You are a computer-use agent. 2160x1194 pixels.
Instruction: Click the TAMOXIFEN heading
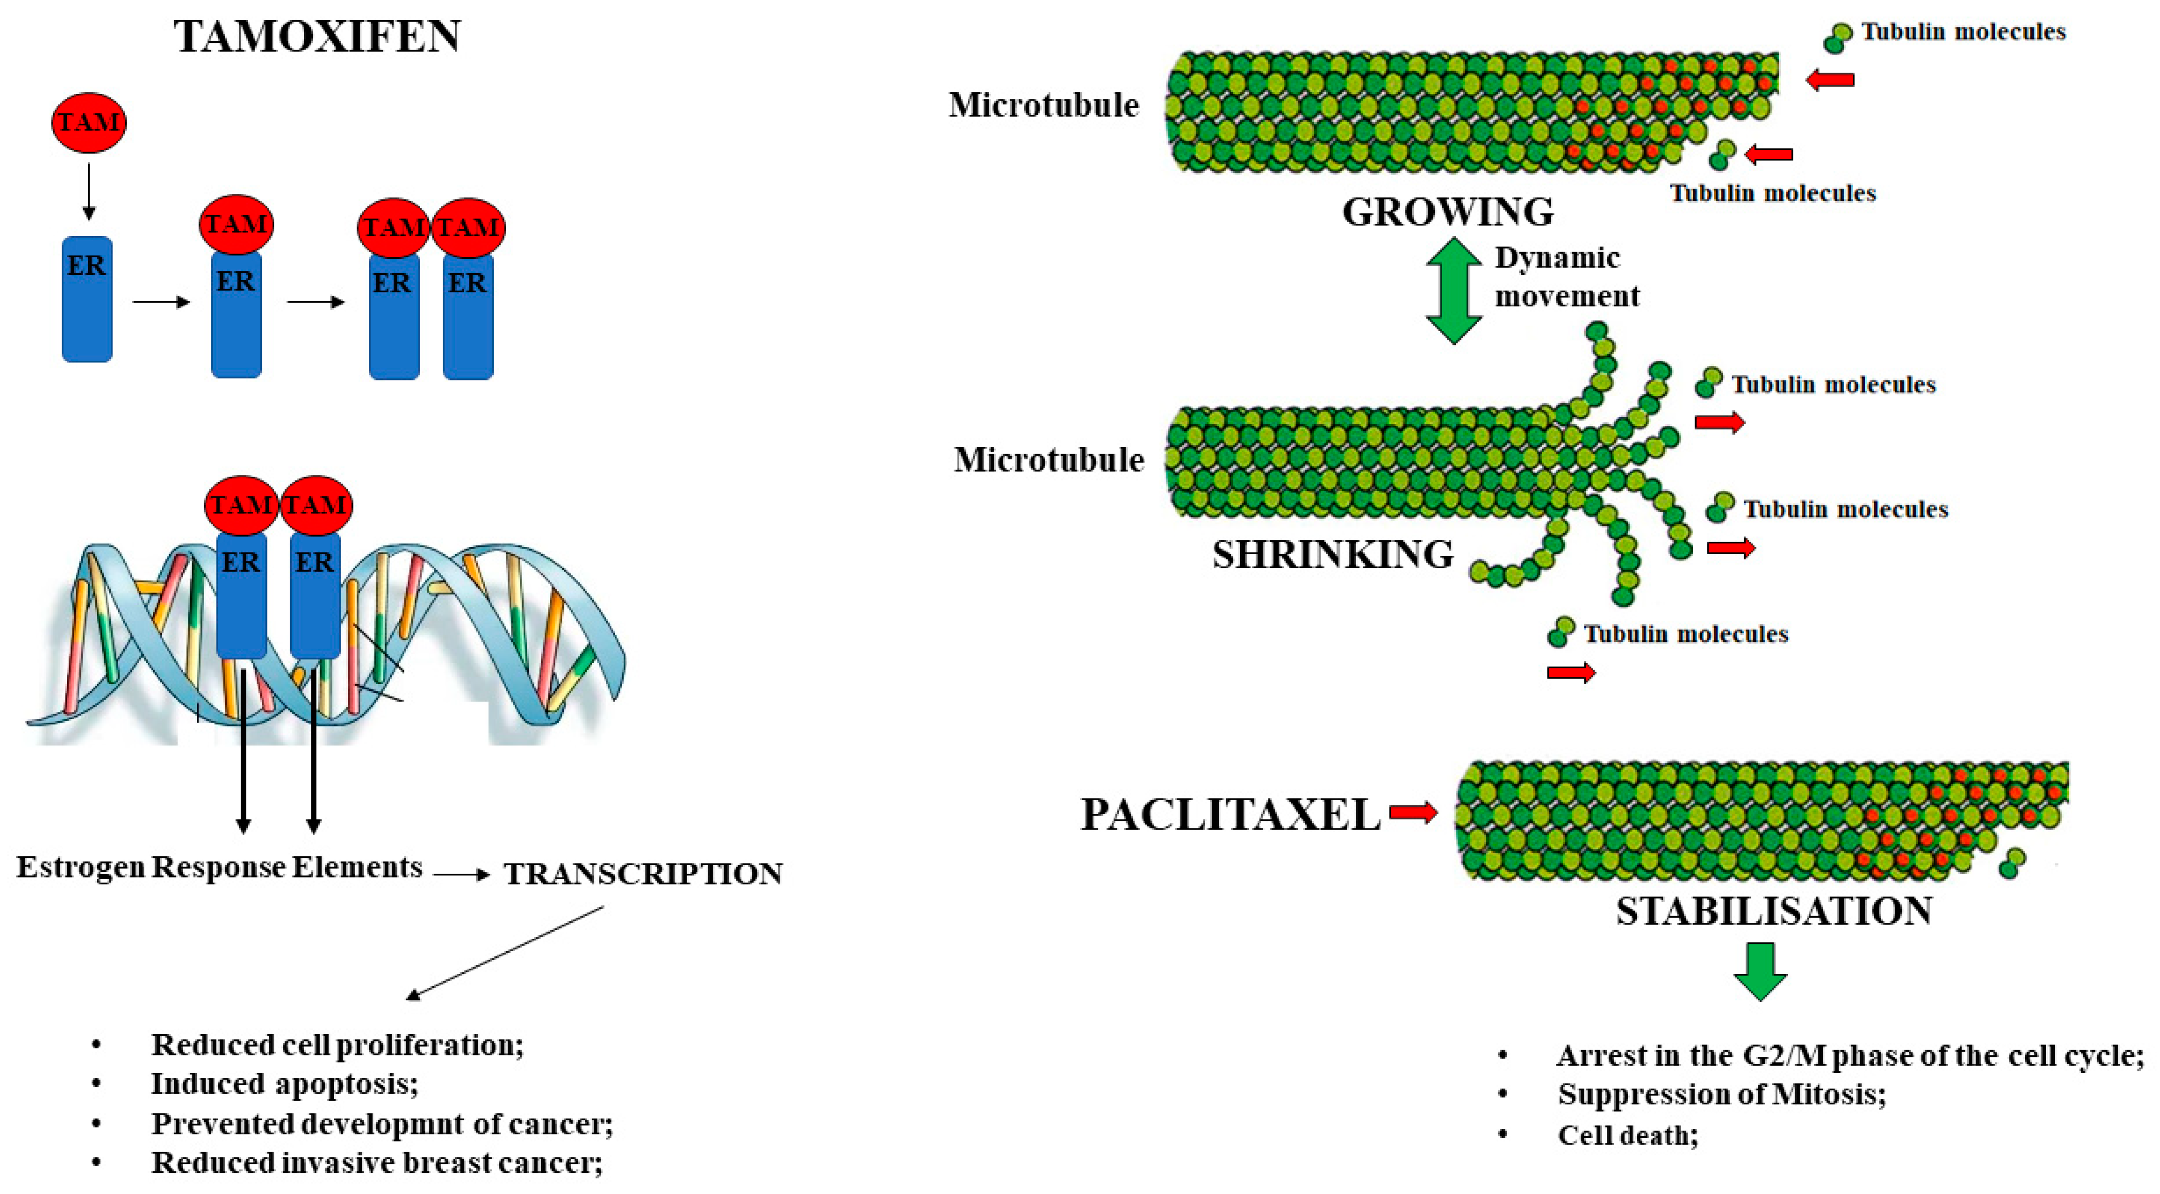pos(317,37)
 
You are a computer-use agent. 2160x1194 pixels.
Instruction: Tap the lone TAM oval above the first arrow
pos(89,122)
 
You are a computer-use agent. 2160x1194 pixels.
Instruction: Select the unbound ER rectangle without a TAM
pos(87,300)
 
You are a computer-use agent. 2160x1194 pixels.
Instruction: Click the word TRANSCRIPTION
pos(642,874)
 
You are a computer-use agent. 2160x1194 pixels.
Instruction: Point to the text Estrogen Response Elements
pos(219,867)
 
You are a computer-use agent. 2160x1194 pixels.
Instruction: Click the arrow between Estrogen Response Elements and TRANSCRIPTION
pos(461,874)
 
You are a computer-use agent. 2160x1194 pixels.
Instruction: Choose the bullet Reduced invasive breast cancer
pos(376,1163)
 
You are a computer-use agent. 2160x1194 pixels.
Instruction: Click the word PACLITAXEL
pos(1230,814)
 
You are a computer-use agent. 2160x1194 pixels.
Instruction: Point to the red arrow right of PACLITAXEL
pos(1414,811)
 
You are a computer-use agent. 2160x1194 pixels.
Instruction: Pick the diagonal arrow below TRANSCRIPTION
pos(505,953)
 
